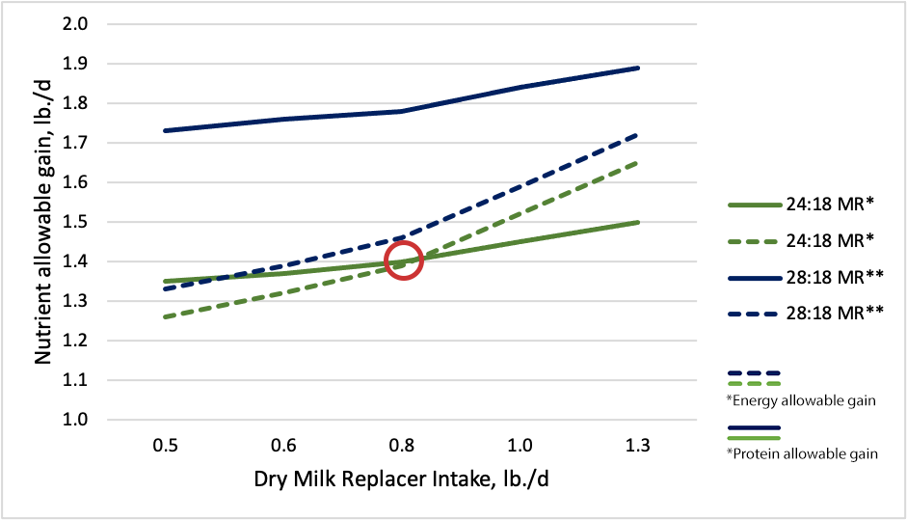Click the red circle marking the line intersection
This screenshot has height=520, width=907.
(x=405, y=260)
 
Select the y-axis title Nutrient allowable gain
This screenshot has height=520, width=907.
(x=43, y=221)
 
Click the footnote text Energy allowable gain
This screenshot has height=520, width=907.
(x=800, y=400)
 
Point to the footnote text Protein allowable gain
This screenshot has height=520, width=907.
(x=801, y=453)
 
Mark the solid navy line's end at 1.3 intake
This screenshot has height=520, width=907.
(x=639, y=68)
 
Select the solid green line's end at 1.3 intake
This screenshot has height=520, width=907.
(x=639, y=222)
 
